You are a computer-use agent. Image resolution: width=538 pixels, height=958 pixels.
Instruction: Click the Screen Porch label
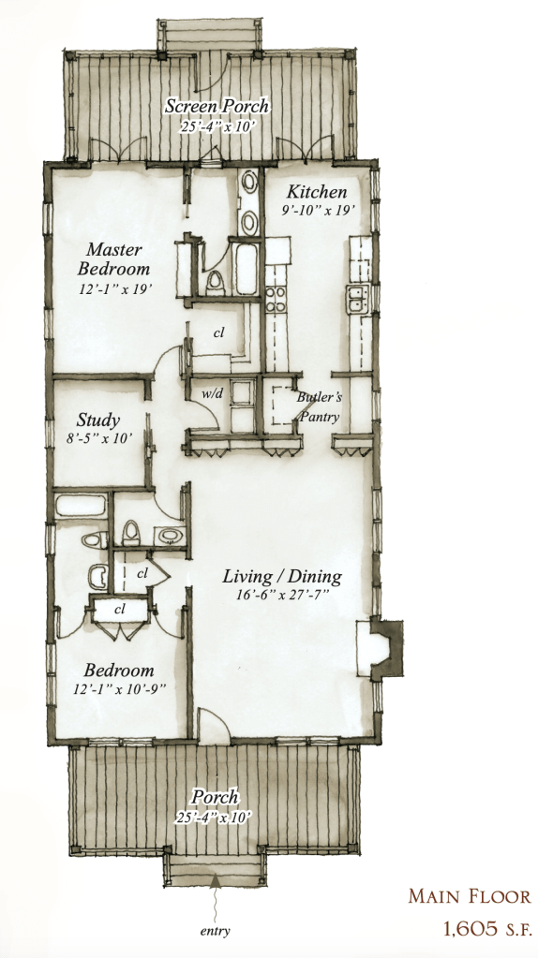tap(217, 106)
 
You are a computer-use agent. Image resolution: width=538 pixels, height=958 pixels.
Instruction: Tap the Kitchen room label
tap(317, 192)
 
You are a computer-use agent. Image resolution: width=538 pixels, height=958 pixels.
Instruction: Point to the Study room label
tap(97, 420)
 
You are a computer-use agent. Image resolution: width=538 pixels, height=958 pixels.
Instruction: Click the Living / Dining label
tap(281, 576)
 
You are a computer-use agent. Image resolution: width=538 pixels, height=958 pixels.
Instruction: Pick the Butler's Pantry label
tap(319, 407)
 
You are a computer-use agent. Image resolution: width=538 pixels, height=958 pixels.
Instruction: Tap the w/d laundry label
tap(212, 393)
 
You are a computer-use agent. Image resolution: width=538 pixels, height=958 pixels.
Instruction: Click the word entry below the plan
tap(216, 931)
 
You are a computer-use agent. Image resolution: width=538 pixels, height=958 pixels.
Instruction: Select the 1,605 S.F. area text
tap(487, 929)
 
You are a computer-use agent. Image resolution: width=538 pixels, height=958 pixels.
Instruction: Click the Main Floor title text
tap(470, 896)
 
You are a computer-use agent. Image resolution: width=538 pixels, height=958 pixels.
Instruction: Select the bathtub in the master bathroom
tap(247, 268)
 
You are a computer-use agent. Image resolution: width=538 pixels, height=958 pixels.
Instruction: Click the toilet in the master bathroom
tap(215, 282)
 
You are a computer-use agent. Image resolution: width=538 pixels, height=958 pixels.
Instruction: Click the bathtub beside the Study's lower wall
tap(80, 506)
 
